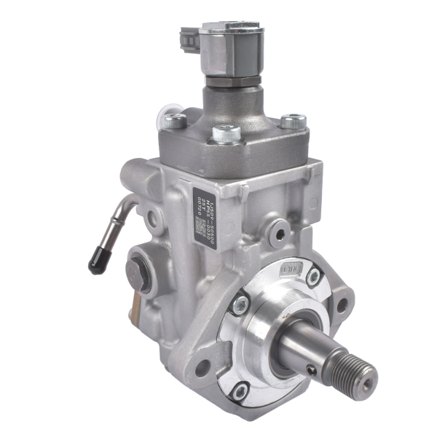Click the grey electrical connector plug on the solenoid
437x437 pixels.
[x=189, y=40]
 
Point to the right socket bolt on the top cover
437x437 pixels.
[x=293, y=121]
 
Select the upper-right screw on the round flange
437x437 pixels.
[x=313, y=277]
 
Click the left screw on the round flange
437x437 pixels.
[x=240, y=305]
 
